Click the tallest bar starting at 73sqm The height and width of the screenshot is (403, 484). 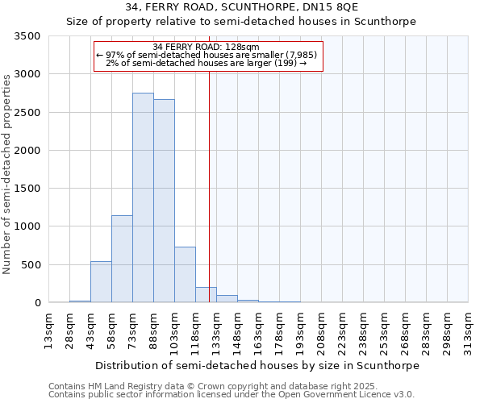[x=143, y=197]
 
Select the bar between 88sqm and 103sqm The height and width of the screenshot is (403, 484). [x=164, y=201]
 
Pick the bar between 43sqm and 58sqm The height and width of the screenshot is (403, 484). [x=101, y=282]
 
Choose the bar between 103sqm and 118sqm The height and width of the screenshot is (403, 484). [x=185, y=275]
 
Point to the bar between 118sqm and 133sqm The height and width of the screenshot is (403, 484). [x=206, y=295]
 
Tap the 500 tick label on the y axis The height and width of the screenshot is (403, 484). [x=31, y=265]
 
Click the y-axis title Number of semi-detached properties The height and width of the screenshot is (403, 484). [x=7, y=173]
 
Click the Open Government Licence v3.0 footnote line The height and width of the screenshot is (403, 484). [x=232, y=395]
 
